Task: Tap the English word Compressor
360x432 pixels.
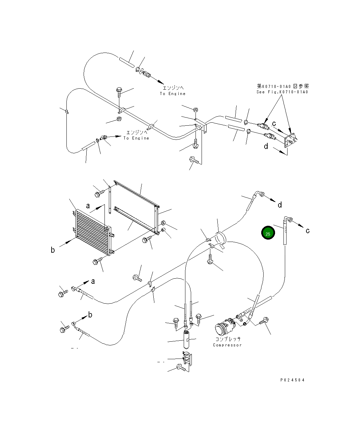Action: [227, 345]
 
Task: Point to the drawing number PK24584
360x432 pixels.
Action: [292, 380]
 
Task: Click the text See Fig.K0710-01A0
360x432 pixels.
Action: [282, 92]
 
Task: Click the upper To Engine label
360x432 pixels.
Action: [173, 94]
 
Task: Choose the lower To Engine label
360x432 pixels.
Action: [136, 138]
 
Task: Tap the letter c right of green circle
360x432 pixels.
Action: [307, 231]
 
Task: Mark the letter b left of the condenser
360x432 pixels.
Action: [53, 250]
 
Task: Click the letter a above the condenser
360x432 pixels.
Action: [88, 206]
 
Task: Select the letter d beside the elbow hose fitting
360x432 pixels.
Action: [279, 205]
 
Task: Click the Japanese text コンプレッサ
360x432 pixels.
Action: [228, 339]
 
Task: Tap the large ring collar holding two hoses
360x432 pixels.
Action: [221, 237]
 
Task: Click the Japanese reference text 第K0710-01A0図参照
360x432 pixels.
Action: [282, 87]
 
